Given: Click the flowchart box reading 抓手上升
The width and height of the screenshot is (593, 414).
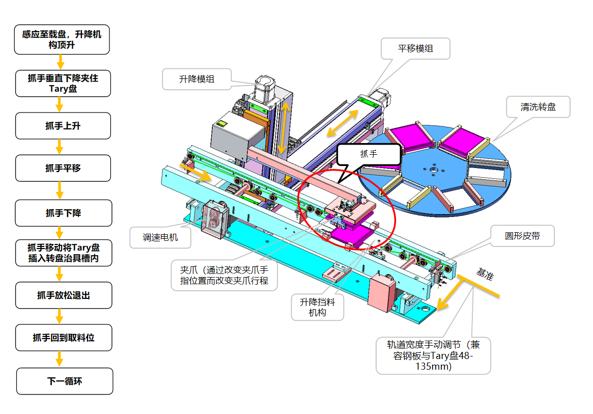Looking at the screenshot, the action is [x=63, y=126].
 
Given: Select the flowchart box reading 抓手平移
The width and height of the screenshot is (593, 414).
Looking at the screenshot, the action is [x=63, y=168].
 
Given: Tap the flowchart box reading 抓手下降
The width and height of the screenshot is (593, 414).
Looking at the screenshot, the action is [x=64, y=213].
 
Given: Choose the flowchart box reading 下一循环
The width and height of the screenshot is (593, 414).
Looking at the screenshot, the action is [x=65, y=381].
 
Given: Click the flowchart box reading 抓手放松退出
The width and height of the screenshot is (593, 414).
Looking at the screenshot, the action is [x=64, y=295].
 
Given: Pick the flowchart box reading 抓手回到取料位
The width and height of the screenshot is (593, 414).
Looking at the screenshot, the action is [x=64, y=338].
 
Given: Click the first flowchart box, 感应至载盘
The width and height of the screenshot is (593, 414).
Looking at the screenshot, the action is [x=62, y=39].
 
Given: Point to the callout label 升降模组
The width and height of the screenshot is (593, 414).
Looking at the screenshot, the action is [x=196, y=79].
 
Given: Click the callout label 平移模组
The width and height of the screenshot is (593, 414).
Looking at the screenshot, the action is [x=415, y=48].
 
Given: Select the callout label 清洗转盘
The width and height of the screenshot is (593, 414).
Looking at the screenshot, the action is [x=538, y=107].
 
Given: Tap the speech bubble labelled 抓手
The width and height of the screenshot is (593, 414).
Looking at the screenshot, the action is [x=369, y=154].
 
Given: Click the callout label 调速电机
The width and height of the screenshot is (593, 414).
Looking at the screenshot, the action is [x=160, y=237].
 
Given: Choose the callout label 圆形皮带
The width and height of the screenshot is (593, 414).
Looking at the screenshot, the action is [x=522, y=236].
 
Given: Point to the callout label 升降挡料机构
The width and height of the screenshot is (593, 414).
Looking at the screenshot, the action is [x=317, y=307].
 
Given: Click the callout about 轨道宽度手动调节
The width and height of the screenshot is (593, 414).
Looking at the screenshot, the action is [x=433, y=356].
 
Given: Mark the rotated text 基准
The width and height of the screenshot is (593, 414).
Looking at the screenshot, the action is [x=485, y=273].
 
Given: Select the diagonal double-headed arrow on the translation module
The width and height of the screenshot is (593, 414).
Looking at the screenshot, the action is [x=343, y=123].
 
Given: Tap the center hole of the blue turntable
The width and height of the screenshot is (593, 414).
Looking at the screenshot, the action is [x=434, y=170].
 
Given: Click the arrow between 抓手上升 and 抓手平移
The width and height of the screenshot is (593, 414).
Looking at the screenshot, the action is [x=60, y=147].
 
